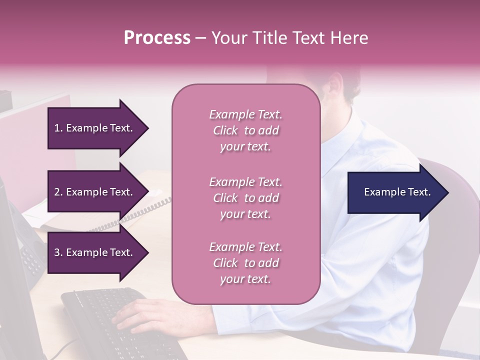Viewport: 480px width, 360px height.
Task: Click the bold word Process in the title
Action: point(157,38)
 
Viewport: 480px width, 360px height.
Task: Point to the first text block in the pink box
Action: point(245,130)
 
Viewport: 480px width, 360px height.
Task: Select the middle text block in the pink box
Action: point(245,198)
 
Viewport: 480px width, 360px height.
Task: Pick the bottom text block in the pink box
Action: point(245,263)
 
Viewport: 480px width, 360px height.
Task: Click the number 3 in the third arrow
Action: point(57,252)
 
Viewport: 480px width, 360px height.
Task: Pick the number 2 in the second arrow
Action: point(57,192)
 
